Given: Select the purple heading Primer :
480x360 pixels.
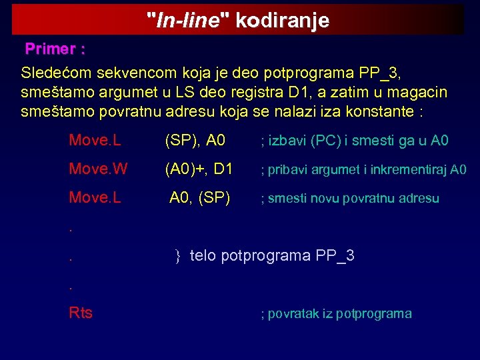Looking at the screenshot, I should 55,49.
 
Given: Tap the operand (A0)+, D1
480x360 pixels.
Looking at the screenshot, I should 199,169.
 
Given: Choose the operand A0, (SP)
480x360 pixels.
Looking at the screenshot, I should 200,198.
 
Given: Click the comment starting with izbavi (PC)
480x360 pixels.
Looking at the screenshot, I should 354,141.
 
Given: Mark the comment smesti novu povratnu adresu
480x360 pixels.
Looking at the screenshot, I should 349,199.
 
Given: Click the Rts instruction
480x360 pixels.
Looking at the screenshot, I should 81,313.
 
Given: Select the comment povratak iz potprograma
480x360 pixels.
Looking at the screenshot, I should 335,313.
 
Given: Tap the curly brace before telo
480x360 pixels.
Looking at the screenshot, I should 178,255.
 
